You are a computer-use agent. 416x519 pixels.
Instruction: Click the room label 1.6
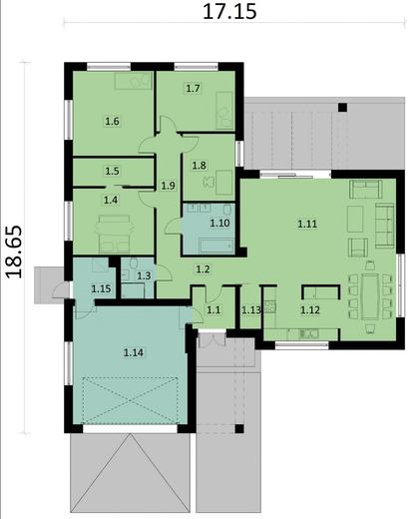(112, 122)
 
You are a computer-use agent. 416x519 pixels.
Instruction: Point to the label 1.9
(169, 185)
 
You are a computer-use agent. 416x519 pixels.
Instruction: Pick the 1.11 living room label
(307, 224)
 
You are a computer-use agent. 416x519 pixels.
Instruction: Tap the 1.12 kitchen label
(310, 310)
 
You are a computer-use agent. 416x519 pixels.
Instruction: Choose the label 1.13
(251, 310)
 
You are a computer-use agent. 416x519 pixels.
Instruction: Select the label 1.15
(101, 288)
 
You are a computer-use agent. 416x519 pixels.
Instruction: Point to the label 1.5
(112, 171)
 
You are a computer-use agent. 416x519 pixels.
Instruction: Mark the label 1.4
(112, 201)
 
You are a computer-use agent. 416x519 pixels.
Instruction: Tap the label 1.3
(144, 275)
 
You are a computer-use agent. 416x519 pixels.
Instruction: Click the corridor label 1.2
(203, 268)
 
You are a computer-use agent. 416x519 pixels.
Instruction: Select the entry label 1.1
(212, 310)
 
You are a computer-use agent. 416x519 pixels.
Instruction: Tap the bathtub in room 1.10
(211, 243)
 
